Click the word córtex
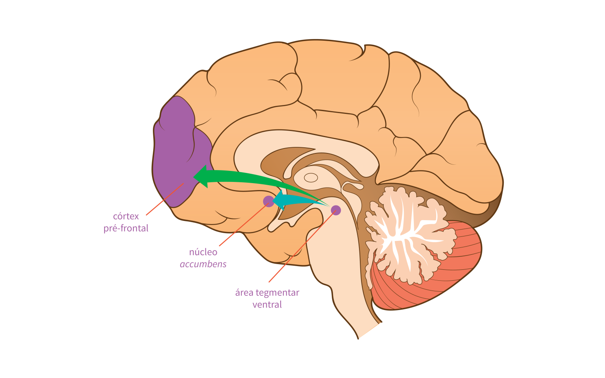pyautogui.click(x=126, y=216)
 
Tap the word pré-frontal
pyautogui.click(x=126, y=228)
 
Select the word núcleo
pyautogui.click(x=203, y=252)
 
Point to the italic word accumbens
pyautogui.click(x=203, y=264)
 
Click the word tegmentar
pyautogui.click(x=277, y=293)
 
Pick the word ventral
pyautogui.click(x=267, y=305)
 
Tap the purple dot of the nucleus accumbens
pyautogui.click(x=268, y=201)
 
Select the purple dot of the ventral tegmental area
pyautogui.click(x=336, y=210)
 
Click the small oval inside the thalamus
pyautogui.click(x=311, y=178)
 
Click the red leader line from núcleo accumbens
pyautogui.click(x=240, y=228)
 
